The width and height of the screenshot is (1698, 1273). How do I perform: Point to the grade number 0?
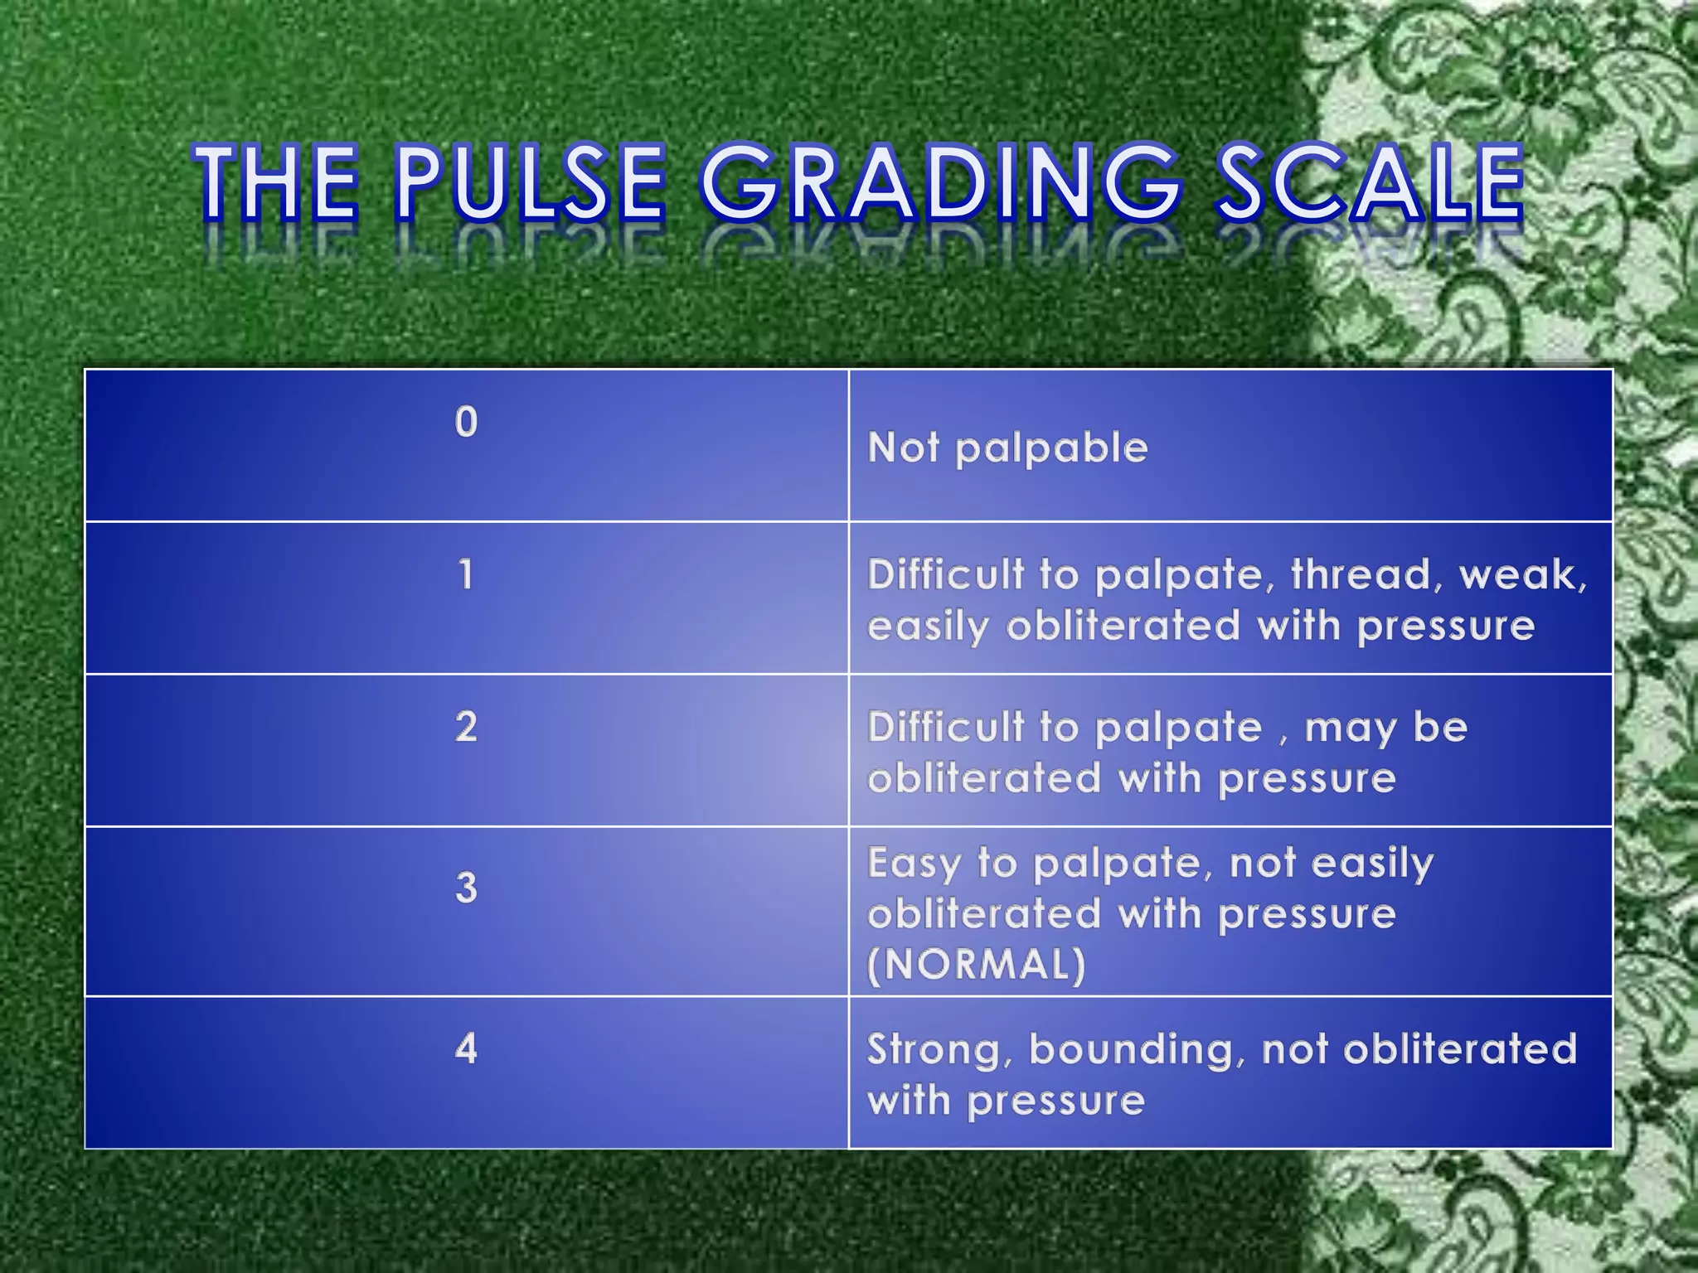[x=466, y=422]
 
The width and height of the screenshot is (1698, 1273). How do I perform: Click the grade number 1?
[x=466, y=574]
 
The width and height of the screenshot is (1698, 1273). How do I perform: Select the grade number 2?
[x=466, y=727]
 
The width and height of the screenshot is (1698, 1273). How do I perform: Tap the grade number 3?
[x=466, y=888]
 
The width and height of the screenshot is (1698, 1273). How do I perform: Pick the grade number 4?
[x=466, y=1048]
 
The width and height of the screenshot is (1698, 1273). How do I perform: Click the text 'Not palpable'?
[x=1007, y=448]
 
